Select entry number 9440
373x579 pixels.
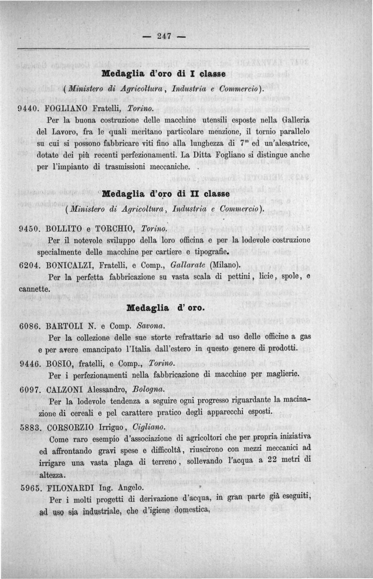tap(29, 109)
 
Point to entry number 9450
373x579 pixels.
tap(29, 229)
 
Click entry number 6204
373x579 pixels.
tap(29, 265)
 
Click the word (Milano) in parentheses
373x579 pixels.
tap(224, 265)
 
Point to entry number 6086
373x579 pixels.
tap(29, 326)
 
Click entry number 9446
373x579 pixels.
tap(29, 363)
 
